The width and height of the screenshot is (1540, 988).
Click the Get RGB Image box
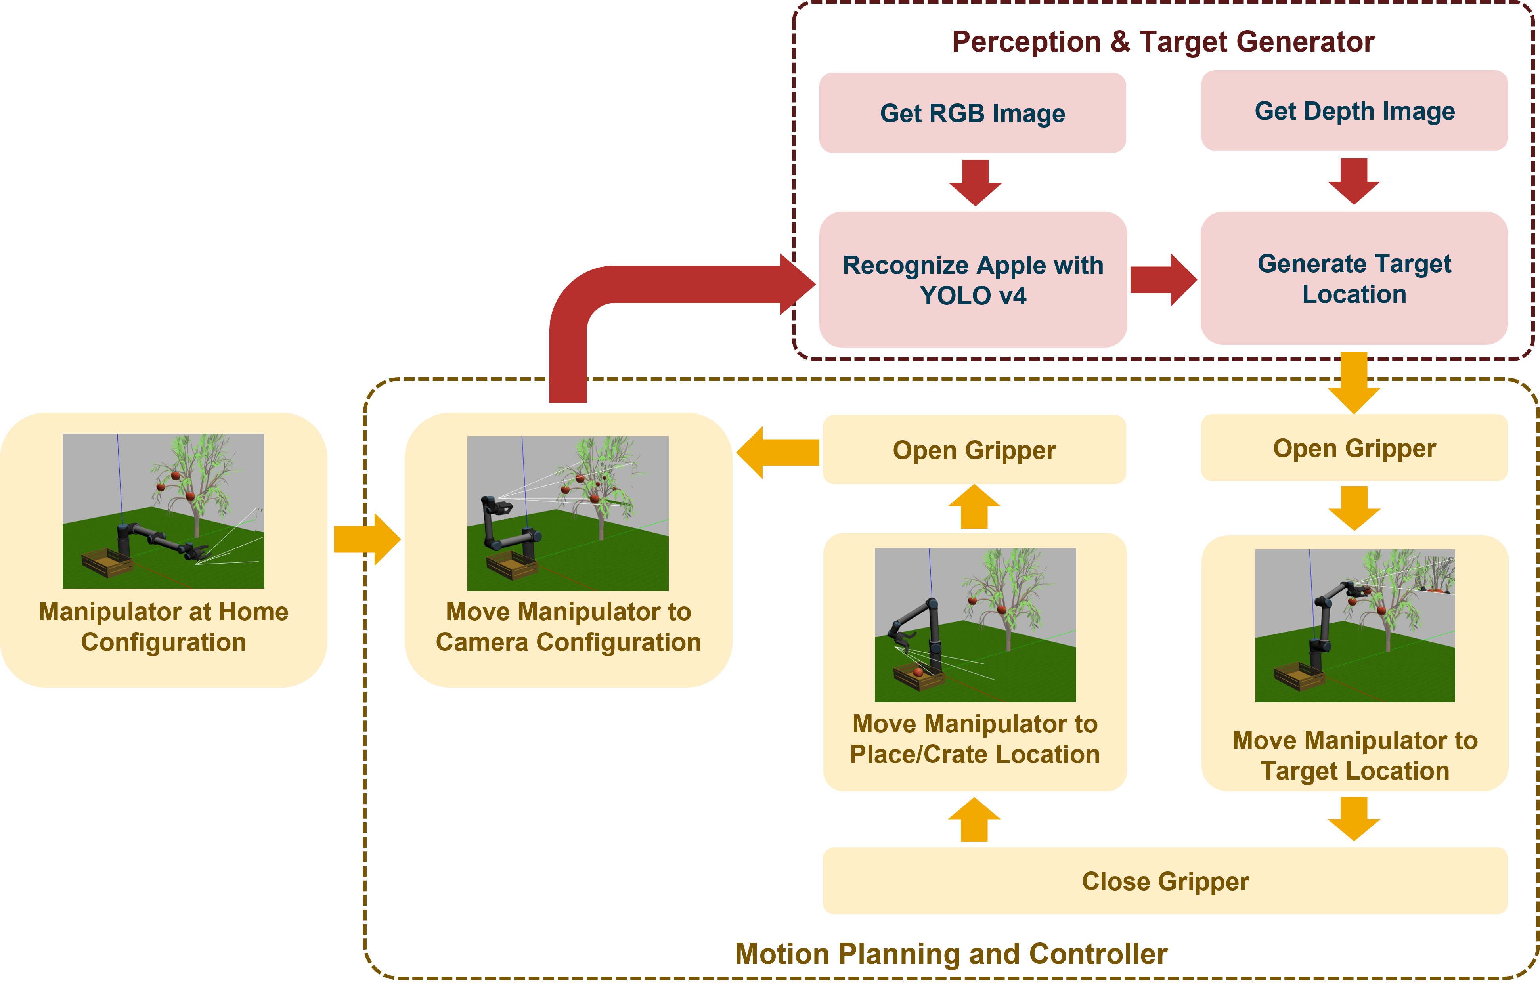[x=972, y=113]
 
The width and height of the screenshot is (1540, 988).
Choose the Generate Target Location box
[x=1354, y=279]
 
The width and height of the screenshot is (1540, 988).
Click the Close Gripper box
[x=1165, y=881]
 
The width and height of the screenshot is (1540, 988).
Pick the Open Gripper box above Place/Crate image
[x=974, y=450]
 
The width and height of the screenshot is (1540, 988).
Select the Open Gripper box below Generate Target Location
[x=1354, y=448]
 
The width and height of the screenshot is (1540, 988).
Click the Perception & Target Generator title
[x=1163, y=42]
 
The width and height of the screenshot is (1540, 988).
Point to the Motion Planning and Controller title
[x=951, y=954]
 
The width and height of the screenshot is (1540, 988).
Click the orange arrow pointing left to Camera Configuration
[x=778, y=452]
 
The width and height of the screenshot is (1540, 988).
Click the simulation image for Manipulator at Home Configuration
[x=163, y=511]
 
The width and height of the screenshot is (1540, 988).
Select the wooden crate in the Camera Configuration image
[x=511, y=565]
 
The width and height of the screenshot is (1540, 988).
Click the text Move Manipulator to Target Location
[x=1354, y=756]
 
